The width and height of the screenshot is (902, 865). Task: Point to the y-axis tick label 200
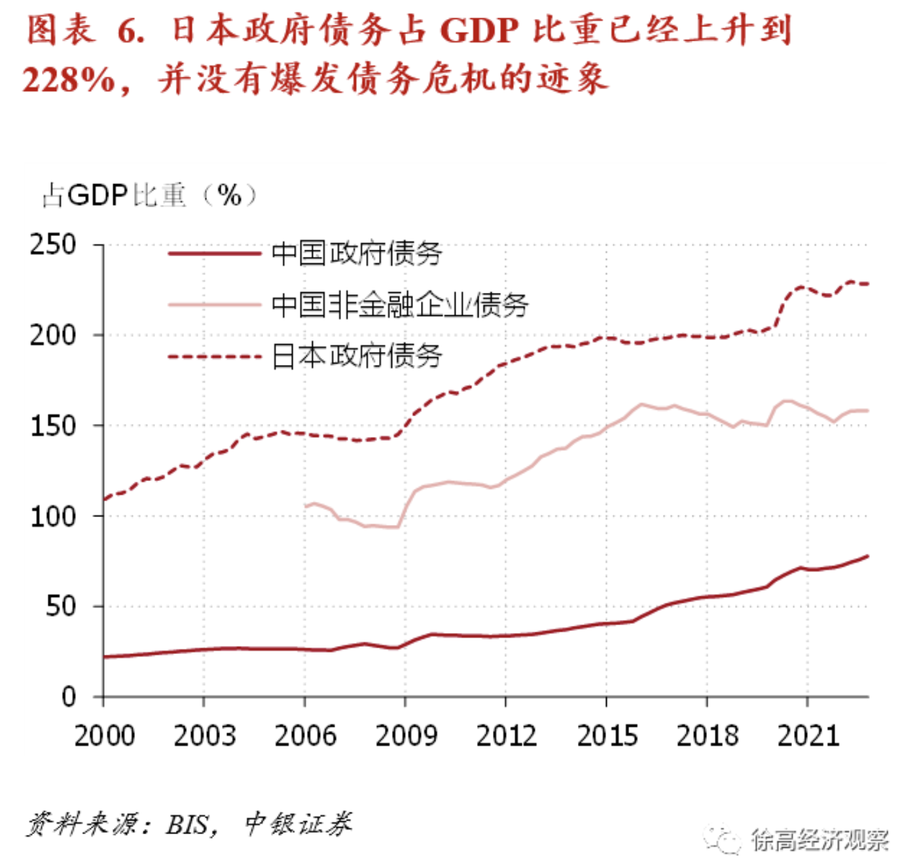click(x=53, y=335)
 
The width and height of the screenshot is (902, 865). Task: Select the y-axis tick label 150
click(x=53, y=426)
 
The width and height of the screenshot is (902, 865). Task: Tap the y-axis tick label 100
click(x=53, y=516)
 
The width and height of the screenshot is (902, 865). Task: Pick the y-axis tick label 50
click(x=62, y=607)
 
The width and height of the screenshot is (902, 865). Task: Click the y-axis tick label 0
click(x=69, y=697)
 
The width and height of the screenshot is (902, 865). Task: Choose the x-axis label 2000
click(x=104, y=736)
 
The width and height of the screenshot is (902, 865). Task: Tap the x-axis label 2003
click(x=204, y=736)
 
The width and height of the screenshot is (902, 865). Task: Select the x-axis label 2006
click(x=305, y=736)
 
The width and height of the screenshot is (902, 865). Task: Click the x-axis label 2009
click(x=406, y=736)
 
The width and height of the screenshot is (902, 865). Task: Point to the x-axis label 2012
click(x=506, y=736)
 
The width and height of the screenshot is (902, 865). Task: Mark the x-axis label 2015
click(x=607, y=736)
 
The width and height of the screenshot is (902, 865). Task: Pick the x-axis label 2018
click(x=708, y=736)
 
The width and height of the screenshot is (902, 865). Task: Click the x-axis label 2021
click(x=808, y=736)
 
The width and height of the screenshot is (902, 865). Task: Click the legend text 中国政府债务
click(x=357, y=254)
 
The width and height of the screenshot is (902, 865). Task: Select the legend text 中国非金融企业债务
click(x=400, y=305)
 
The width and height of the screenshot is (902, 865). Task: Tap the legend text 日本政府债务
click(x=357, y=356)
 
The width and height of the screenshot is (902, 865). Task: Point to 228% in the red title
click(x=69, y=80)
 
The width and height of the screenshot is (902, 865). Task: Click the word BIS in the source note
click(x=188, y=825)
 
